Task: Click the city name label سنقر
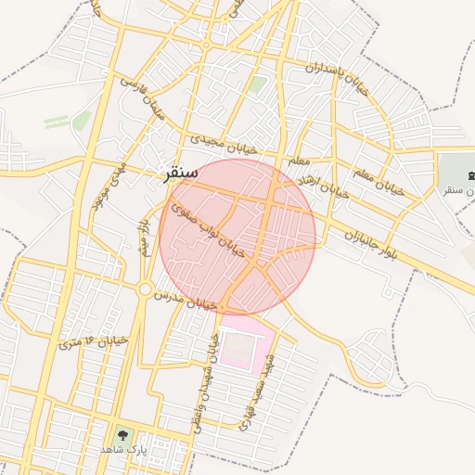click(x=180, y=173)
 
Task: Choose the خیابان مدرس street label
click(x=185, y=299)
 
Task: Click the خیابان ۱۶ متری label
click(x=93, y=341)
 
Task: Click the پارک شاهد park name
click(x=123, y=449)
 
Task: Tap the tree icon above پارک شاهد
click(x=122, y=433)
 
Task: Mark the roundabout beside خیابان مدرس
click(x=145, y=289)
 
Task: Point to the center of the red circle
click(x=237, y=237)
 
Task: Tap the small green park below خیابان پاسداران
click(x=257, y=85)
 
